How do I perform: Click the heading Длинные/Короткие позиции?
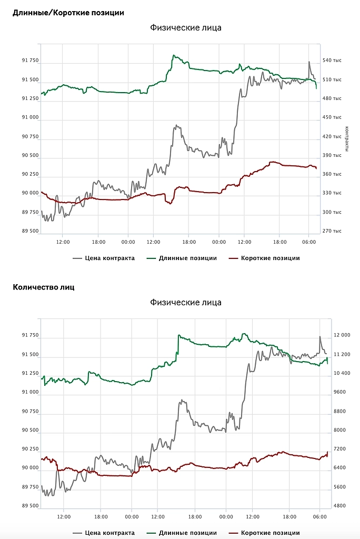tap(68, 12)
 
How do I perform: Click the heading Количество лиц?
tap(44, 287)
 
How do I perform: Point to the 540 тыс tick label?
tap(332, 61)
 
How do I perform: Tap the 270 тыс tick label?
tap(332, 231)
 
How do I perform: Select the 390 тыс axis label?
tap(332, 155)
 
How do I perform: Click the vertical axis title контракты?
tap(347, 138)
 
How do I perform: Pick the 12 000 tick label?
tap(345, 335)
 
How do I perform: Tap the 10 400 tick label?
tap(345, 373)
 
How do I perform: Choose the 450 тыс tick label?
tap(332, 117)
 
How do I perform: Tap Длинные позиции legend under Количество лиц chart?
tap(187, 533)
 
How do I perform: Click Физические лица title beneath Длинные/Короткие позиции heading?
tap(186, 27)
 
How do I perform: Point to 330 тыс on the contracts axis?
tap(332, 193)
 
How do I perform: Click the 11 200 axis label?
tap(345, 354)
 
